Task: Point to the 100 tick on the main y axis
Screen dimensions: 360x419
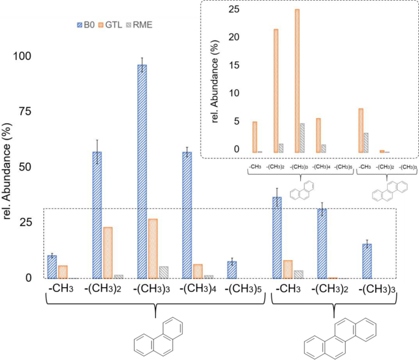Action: tap(26, 56)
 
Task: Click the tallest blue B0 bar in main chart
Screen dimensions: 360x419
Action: tap(142, 171)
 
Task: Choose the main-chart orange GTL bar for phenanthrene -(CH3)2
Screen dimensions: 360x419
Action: tap(108, 252)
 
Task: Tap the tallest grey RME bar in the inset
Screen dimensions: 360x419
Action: tap(302, 138)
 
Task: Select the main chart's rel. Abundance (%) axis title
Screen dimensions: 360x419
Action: tap(10, 165)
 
